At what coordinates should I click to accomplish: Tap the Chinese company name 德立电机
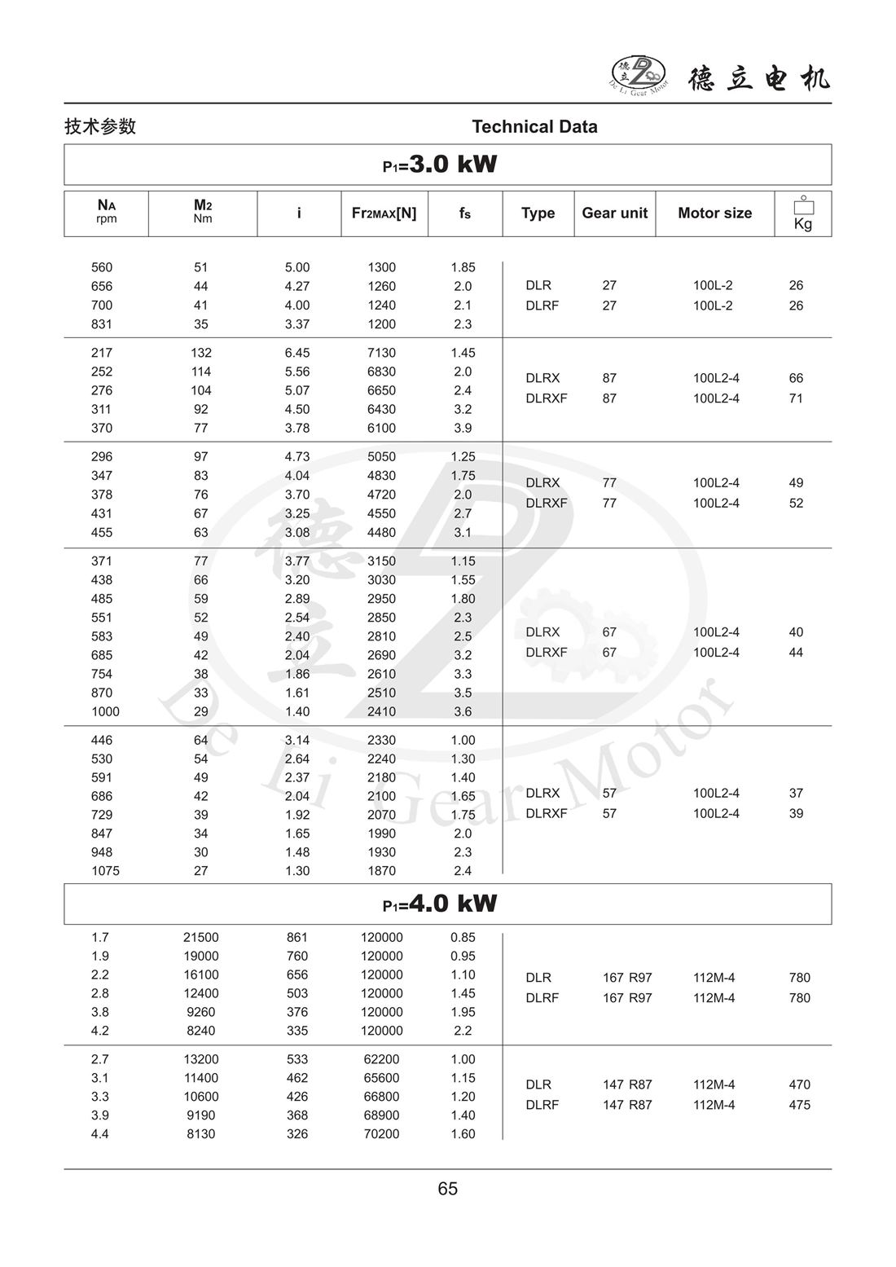tap(758, 78)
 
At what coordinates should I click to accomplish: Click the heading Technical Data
tap(534, 126)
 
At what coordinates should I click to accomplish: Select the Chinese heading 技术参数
tap(100, 126)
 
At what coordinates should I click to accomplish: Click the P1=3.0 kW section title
tap(440, 165)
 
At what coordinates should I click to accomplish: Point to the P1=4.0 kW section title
tap(440, 904)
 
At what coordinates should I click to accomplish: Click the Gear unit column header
tap(614, 213)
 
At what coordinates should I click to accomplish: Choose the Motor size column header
tap(714, 213)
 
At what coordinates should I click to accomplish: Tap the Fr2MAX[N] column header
tap(384, 213)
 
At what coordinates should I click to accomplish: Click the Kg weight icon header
tap(803, 213)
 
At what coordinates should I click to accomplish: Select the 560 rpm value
tap(102, 267)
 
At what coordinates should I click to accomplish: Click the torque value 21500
tap(200, 937)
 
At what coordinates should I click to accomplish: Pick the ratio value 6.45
tap(297, 353)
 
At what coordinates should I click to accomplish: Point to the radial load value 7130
tap(381, 353)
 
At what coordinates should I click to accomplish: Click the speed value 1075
tap(105, 870)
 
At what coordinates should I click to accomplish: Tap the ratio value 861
tap(297, 937)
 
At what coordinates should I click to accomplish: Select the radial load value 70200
tap(381, 1133)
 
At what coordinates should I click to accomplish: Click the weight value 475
tap(799, 1105)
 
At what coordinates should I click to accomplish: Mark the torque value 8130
tap(200, 1133)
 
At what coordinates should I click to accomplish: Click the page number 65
tap(448, 1189)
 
